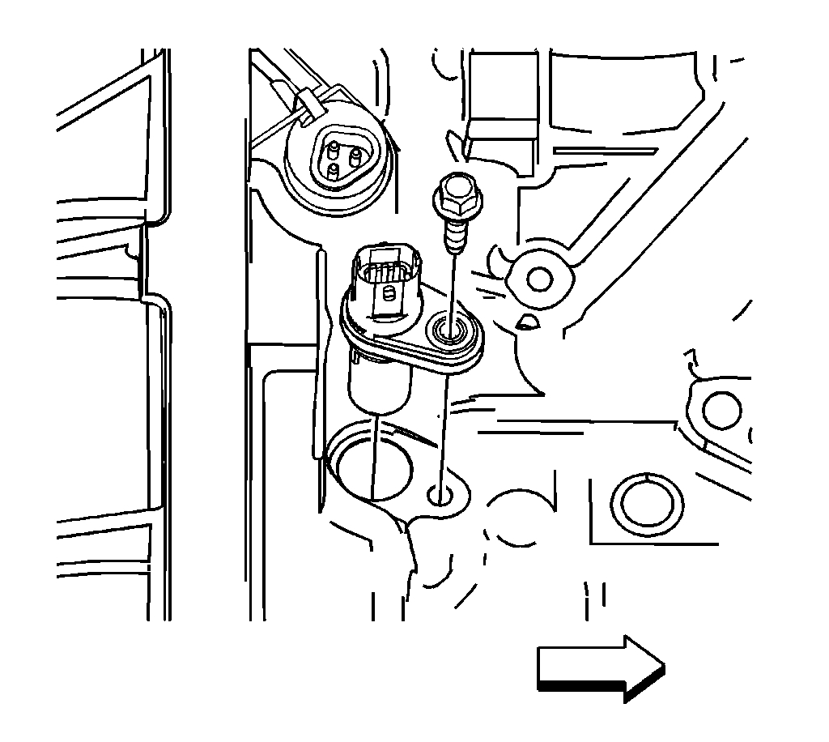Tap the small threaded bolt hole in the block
pyautogui.click(x=442, y=493)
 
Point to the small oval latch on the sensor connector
pyautogui.click(x=388, y=292)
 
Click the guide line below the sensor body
pyautogui.click(x=375, y=454)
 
